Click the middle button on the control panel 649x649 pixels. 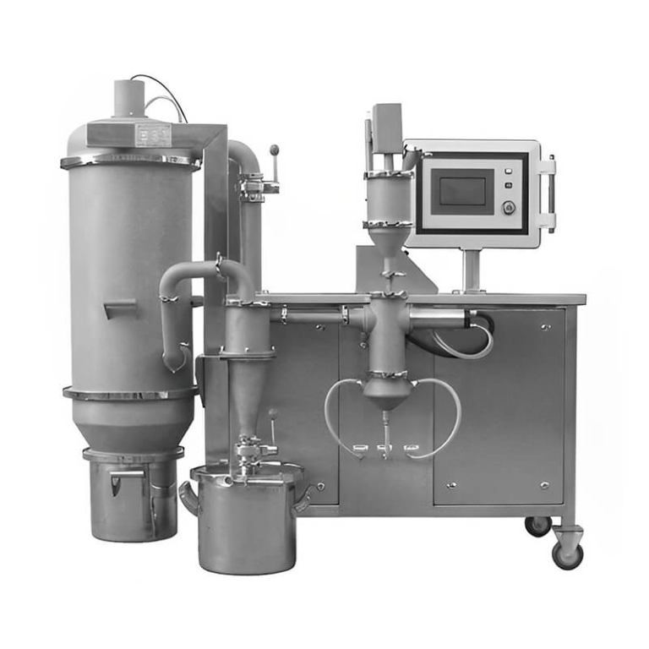coord(508,185)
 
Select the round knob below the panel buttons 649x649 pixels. coord(508,206)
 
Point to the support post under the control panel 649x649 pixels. coord(471,270)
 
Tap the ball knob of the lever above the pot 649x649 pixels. coord(272,415)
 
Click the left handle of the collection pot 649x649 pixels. coord(187,499)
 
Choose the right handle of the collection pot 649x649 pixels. coord(302,497)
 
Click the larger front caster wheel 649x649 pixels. coord(567,554)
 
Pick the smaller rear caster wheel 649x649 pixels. coord(537,526)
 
